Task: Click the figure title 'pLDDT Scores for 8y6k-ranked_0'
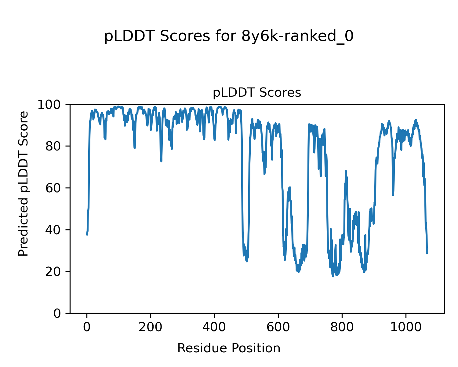[x=229, y=37]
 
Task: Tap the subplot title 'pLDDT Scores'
[x=257, y=93]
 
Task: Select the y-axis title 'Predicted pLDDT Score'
[x=24, y=183]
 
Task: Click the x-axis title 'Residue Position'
[x=229, y=348]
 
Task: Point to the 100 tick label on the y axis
[x=50, y=105]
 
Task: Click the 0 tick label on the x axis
[x=87, y=327]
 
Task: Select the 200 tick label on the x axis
[x=151, y=327]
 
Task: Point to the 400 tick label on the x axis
[x=214, y=327]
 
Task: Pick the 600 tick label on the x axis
[x=278, y=327]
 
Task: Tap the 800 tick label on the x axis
[x=342, y=327]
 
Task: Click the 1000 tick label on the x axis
[x=406, y=327]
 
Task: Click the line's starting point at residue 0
[x=87, y=235]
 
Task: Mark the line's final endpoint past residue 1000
[x=427, y=248]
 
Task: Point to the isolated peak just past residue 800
[x=346, y=171]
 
